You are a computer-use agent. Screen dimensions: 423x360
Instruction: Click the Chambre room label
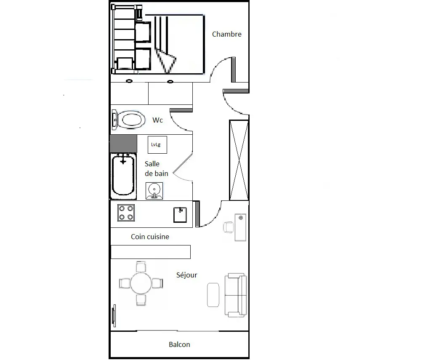226,34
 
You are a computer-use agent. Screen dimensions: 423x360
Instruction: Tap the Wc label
157,120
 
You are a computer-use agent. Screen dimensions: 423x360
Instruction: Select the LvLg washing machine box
157,145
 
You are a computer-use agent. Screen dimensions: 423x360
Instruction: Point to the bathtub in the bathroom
123,176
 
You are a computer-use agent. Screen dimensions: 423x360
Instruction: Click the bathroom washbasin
154,191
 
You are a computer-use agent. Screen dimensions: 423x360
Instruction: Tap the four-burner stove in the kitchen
126,213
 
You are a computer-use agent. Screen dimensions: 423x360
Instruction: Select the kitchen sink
180,215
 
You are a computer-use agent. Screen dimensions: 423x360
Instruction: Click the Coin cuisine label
150,237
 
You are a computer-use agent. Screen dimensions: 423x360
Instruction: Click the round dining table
141,283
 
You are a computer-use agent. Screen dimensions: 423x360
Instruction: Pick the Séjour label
187,275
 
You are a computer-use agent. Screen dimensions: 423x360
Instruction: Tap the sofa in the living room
236,295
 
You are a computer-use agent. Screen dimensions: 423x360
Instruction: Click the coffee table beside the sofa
213,295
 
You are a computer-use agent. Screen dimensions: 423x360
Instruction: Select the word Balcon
179,344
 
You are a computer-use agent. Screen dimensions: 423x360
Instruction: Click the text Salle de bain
157,169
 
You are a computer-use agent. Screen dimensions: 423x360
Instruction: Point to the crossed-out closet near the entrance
239,160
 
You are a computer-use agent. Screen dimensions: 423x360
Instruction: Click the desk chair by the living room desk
229,227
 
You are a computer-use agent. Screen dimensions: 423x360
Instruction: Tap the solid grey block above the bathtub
123,144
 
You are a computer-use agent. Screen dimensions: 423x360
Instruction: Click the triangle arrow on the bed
166,61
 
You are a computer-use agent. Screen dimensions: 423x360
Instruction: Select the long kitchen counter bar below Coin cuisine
151,252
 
